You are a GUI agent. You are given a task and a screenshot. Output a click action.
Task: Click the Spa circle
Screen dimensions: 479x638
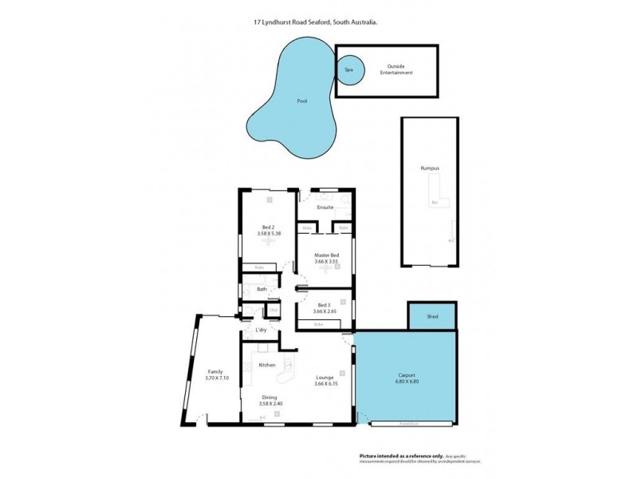tap(349, 69)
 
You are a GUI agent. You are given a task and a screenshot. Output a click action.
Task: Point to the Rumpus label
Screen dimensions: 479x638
tap(430, 168)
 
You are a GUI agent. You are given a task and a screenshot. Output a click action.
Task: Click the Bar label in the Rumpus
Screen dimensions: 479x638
tap(435, 203)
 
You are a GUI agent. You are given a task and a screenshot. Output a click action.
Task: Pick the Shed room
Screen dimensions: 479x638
tap(432, 316)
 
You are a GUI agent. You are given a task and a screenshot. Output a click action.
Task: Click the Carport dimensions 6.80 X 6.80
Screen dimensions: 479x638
tap(406, 380)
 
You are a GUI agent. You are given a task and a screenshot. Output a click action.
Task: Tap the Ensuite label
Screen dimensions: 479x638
tap(325, 208)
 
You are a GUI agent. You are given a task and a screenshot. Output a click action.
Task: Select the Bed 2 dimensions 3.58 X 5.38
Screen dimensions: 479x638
tap(269, 234)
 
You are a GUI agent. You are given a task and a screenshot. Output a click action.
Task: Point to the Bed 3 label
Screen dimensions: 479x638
tap(323, 306)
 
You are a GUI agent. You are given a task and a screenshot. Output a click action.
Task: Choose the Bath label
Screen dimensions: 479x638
tap(262, 289)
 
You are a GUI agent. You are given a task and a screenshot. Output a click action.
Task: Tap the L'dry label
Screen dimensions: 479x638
tap(260, 330)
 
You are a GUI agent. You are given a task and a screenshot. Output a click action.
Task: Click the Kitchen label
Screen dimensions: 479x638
tap(267, 365)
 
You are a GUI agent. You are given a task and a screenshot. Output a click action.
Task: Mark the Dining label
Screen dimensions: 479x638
tap(269, 398)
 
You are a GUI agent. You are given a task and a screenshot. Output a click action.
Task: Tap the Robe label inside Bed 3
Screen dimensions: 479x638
tap(318, 324)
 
